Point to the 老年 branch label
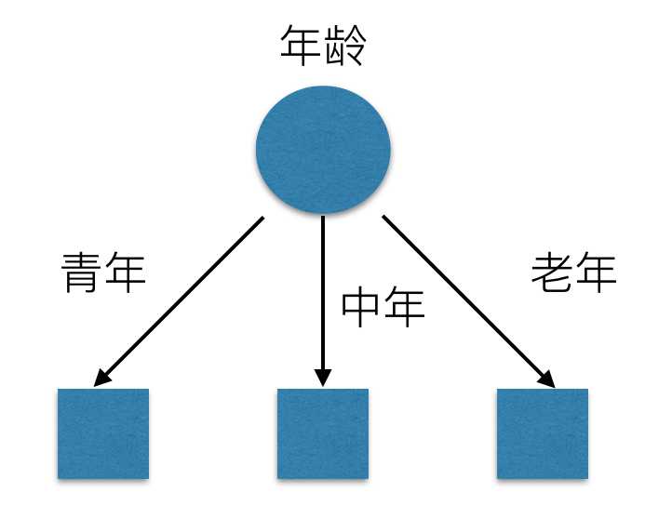tap(573, 273)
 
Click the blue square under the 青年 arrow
tap(103, 433)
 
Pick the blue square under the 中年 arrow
tap(323, 433)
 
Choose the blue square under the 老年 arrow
tap(543, 433)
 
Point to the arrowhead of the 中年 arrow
tap(323, 379)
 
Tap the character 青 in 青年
tap(82, 273)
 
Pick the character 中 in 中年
tap(362, 308)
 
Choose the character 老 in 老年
tap(552, 273)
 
